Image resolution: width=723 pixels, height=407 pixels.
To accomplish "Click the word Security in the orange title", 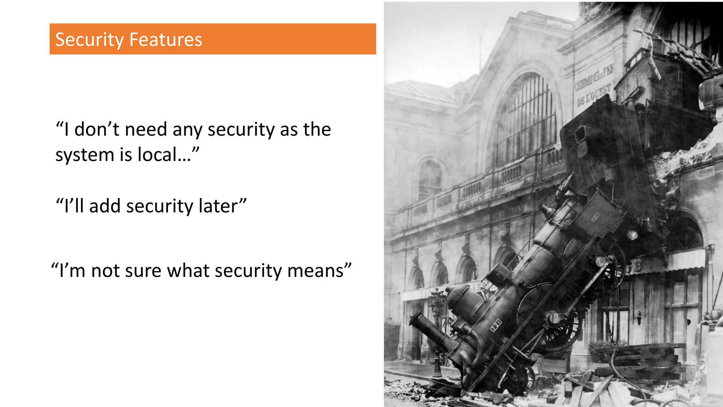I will (89, 40).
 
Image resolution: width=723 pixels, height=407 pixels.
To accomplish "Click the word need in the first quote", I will (146, 129).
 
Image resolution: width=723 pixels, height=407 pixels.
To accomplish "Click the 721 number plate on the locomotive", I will (496, 325).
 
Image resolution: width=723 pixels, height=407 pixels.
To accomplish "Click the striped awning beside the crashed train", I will (671, 261).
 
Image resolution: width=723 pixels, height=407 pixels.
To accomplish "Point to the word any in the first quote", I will (187, 129).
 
